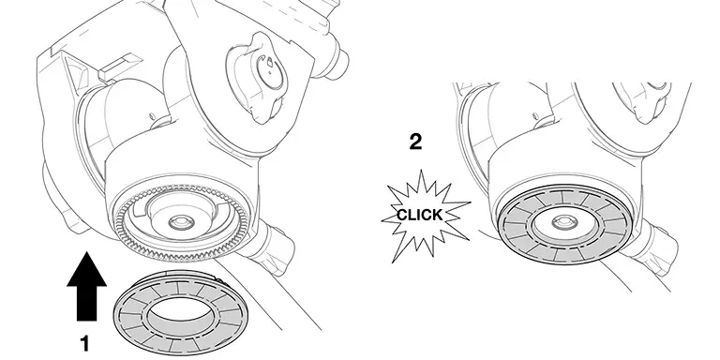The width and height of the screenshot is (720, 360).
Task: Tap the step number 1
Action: point(84,343)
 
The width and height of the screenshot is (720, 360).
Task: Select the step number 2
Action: point(415,142)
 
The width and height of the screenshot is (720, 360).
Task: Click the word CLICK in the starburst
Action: point(419,215)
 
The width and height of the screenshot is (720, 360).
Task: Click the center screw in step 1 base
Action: point(181,223)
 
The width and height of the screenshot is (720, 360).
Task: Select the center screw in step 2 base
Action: point(562,222)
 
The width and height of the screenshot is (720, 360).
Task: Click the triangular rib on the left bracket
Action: point(77,72)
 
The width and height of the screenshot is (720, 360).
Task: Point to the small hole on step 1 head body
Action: point(152,117)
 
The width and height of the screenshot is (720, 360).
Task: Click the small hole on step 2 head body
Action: point(535,116)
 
